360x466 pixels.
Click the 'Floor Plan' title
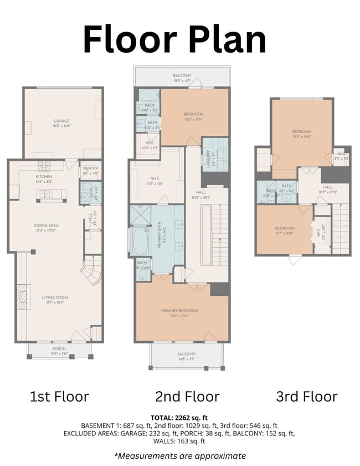174,39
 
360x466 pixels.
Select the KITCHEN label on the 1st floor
44,178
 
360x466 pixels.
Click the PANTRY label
90,171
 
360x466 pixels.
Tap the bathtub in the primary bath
139,240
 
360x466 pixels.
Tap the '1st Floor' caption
59,396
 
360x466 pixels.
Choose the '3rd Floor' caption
306,396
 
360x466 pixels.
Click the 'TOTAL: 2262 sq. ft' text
178,417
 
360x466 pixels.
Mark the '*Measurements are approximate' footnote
179,455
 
